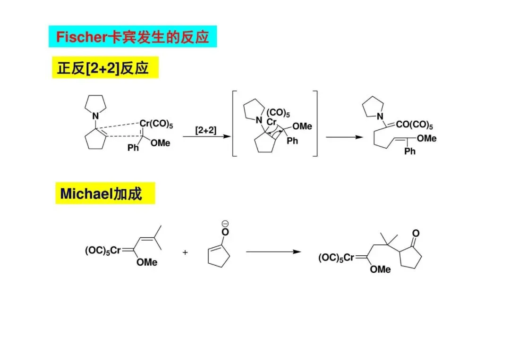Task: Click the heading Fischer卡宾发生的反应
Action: pos(132,37)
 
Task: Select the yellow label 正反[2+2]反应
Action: pos(102,68)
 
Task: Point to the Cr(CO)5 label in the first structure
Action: pos(156,125)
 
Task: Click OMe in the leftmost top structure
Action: pos(160,143)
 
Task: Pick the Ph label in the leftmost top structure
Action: pos(133,148)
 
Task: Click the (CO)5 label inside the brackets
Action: pos(278,113)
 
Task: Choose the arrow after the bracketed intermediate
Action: pos(344,137)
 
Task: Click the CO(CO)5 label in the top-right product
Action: pos(414,126)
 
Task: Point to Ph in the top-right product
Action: pos(410,151)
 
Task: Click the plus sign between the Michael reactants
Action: pos(185,252)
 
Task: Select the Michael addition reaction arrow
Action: pos(273,251)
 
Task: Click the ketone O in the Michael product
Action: pos(415,233)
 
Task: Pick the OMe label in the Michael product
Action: pos(380,269)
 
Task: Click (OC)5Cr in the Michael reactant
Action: pos(102,251)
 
